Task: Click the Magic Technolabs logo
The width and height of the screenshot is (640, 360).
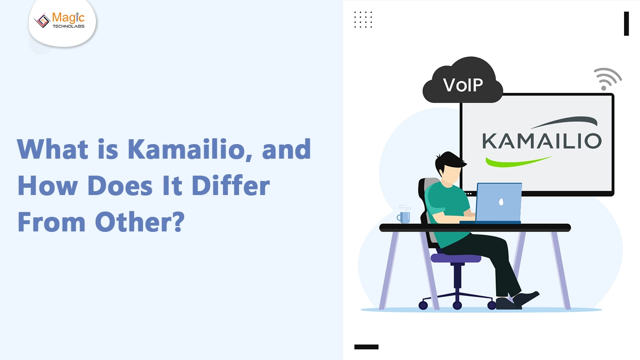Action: (x=61, y=20)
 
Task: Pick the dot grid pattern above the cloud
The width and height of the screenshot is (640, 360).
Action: (x=363, y=19)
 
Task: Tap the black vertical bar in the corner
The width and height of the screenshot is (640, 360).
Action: (x=626, y=24)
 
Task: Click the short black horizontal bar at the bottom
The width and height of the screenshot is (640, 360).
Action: (x=366, y=347)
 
